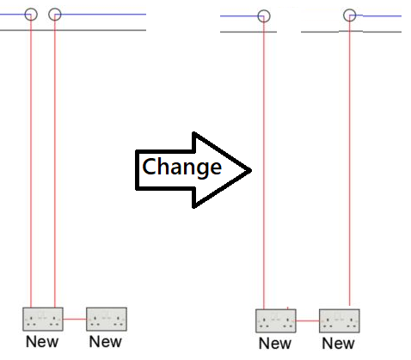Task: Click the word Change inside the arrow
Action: (x=181, y=167)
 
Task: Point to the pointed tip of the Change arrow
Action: (x=251, y=170)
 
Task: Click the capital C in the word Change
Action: (x=149, y=166)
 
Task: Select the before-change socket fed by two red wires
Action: (x=43, y=319)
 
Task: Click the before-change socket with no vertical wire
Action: (x=107, y=319)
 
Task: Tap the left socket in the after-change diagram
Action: (x=276, y=320)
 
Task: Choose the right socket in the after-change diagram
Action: (x=340, y=320)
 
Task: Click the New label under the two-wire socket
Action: (x=42, y=342)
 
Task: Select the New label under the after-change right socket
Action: (x=338, y=344)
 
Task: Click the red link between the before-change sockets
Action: (x=75, y=319)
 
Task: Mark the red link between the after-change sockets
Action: (x=308, y=320)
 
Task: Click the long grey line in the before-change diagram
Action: (x=73, y=30)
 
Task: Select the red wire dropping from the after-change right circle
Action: (x=349, y=161)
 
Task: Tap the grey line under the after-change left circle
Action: (x=248, y=32)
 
